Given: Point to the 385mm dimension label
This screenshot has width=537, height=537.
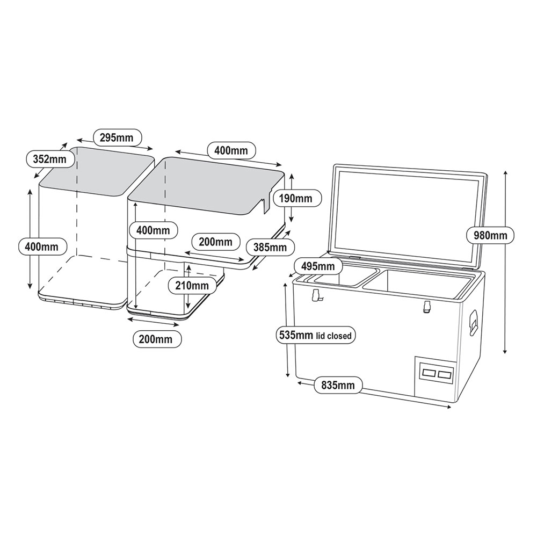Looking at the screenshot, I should point(270,248).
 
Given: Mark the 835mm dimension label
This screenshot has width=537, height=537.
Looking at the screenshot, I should point(338,384).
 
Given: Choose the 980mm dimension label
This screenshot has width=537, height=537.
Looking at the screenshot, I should point(490,235).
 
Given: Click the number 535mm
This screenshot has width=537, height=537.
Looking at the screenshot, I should point(296,336).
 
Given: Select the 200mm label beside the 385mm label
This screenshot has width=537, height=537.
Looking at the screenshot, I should point(215,242).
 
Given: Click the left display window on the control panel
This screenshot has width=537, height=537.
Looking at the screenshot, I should point(430,372).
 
